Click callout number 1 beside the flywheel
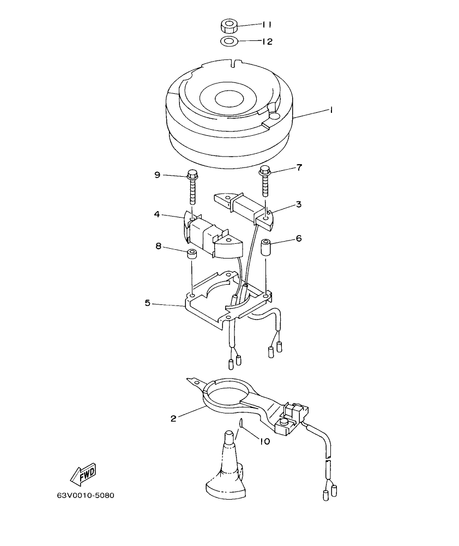pos(331,110)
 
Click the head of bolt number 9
pos(192,176)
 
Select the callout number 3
pos(299,204)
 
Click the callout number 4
pos(157,214)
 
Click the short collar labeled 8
pos(191,255)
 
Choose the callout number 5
pos(148,302)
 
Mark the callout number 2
pos(173,418)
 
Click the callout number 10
pos(264,442)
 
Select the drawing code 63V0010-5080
pos(86,496)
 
